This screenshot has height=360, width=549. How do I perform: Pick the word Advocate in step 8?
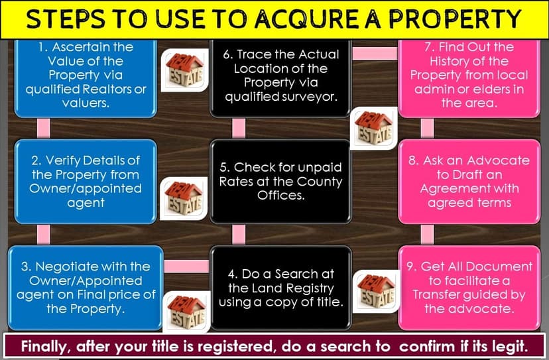499,160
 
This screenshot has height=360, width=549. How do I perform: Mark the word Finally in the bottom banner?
47,345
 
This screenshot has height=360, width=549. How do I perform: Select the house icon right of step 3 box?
185,310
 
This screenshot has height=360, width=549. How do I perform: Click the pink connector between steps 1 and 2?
44,127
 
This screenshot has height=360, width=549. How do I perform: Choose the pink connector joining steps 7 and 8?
428,127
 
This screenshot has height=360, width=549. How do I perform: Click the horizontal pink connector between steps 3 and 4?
186,266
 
